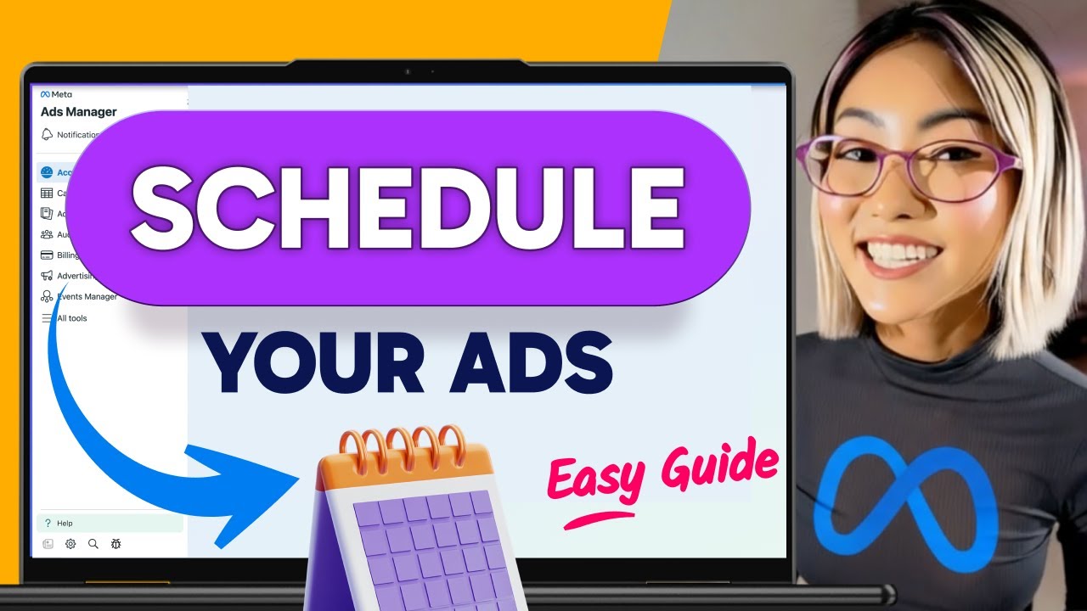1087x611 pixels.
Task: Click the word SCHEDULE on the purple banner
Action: tap(407, 207)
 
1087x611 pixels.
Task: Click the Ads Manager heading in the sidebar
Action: tap(78, 112)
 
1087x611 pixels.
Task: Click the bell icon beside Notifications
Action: tap(47, 135)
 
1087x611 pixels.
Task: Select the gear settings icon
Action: tap(70, 544)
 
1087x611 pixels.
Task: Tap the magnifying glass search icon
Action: tap(93, 544)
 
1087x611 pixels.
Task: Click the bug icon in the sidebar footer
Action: tap(116, 544)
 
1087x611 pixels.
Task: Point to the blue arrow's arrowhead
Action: tap(246, 492)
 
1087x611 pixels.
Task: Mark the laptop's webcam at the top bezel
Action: tap(408, 71)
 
